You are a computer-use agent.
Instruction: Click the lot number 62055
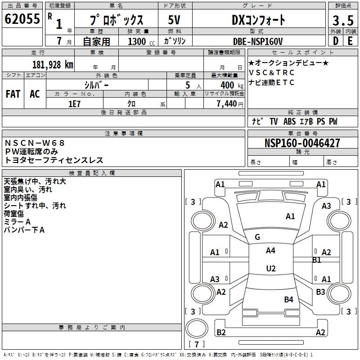(x=22, y=19)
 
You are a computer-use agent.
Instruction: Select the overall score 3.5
(x=342, y=20)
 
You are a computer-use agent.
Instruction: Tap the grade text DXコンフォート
(x=258, y=20)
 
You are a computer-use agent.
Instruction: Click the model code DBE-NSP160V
(x=258, y=41)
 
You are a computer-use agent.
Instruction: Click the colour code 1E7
(x=74, y=103)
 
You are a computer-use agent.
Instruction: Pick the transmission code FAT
(x=13, y=94)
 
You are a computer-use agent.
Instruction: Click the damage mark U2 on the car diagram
(x=270, y=269)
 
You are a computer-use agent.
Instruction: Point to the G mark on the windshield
(x=257, y=237)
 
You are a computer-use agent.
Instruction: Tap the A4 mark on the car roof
(x=270, y=251)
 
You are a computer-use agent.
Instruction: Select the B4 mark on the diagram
(x=288, y=299)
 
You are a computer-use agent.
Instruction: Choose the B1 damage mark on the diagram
(x=316, y=260)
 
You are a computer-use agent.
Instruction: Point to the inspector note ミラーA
(x=17, y=222)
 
